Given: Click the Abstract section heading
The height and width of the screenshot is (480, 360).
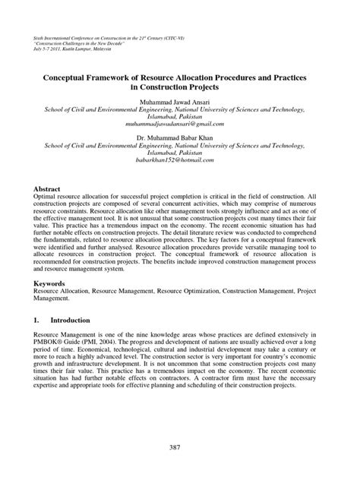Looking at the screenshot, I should (44, 187).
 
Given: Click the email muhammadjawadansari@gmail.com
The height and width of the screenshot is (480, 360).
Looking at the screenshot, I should (180, 122).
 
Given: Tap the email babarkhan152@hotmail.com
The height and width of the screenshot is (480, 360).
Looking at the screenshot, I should (180, 159).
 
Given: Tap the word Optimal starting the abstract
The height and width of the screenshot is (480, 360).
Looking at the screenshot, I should (39, 196).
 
